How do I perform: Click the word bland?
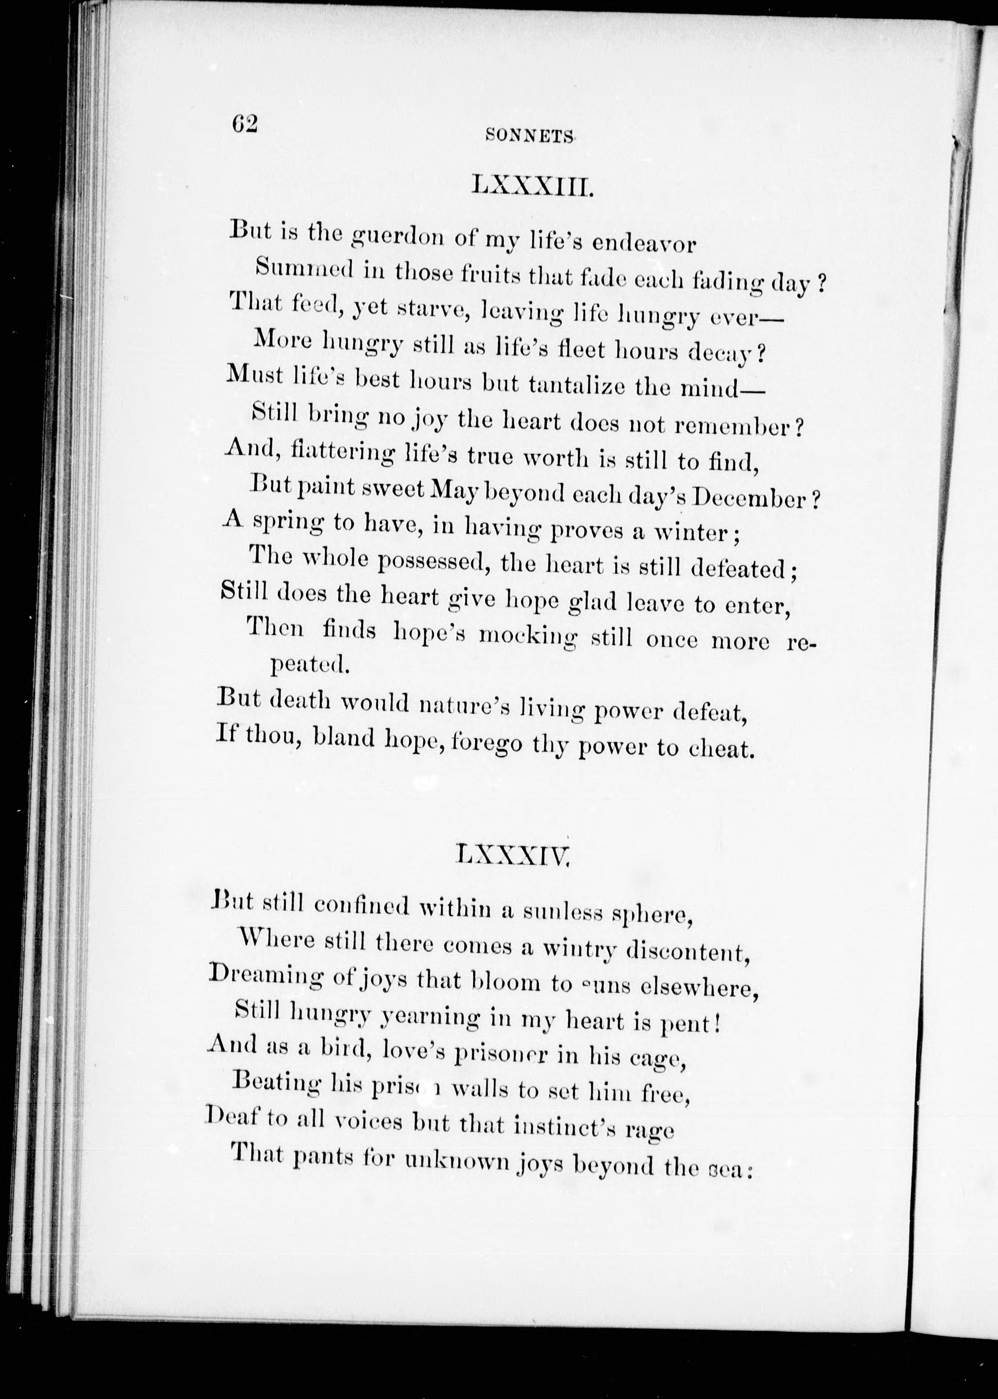(344, 737)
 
